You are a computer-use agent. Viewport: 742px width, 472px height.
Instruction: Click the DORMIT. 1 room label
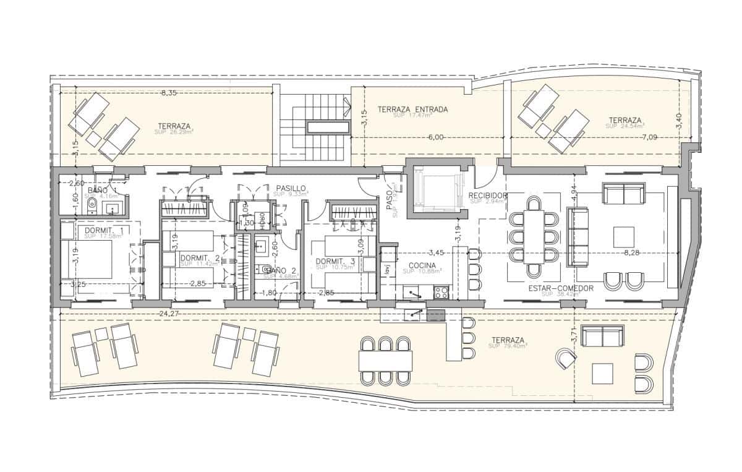104,230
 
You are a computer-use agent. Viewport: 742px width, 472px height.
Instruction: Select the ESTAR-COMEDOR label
561,288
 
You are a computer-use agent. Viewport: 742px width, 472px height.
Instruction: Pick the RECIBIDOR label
488,195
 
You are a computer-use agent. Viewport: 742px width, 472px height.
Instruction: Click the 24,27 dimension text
168,314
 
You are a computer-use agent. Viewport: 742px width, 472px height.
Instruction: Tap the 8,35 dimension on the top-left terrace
169,93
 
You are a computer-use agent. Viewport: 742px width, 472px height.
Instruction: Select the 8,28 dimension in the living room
631,252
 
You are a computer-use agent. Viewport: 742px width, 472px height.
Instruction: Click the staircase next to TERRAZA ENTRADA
316,127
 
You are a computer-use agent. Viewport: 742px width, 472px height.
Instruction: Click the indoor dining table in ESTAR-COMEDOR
534,236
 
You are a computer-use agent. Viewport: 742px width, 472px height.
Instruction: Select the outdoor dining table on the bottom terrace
386,360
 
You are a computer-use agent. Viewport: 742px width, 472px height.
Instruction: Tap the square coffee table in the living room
623,237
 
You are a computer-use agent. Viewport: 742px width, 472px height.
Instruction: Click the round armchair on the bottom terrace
565,358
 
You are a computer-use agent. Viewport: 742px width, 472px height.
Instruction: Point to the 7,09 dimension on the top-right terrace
650,137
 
